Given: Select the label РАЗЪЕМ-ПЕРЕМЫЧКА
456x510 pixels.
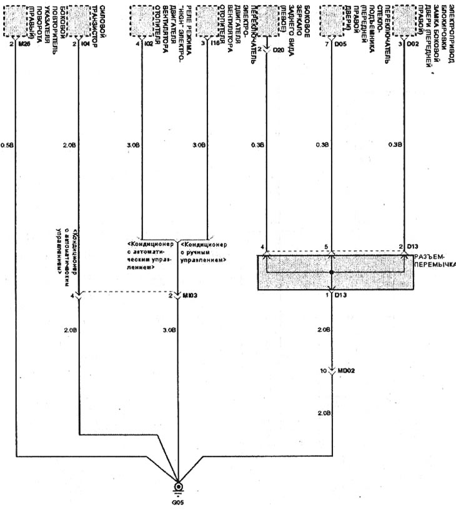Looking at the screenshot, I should pos(434,260).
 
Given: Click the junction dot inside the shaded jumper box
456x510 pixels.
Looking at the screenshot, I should pos(331,273).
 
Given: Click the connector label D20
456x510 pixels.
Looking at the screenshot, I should pos(279,49).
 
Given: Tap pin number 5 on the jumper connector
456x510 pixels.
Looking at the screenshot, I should pos(325,248).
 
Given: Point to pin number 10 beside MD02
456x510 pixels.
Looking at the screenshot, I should pos(324,371).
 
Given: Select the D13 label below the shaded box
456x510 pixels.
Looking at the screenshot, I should pos(341,295).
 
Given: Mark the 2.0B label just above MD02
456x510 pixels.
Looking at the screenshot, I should pos(323,329).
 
